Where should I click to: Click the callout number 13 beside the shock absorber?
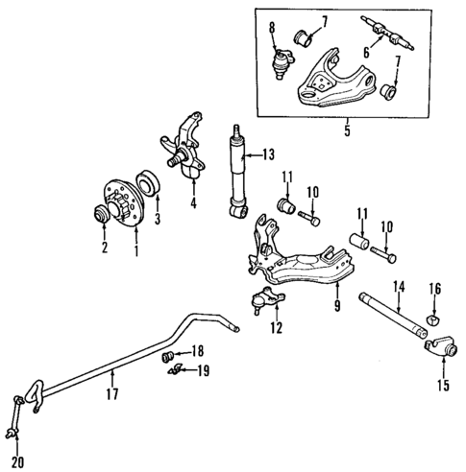(267, 153)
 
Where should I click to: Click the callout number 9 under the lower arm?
(337, 308)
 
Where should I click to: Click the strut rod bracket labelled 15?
(442, 351)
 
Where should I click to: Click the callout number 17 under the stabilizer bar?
(111, 392)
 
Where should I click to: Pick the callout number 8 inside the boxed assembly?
(273, 25)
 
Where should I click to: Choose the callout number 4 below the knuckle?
(192, 203)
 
